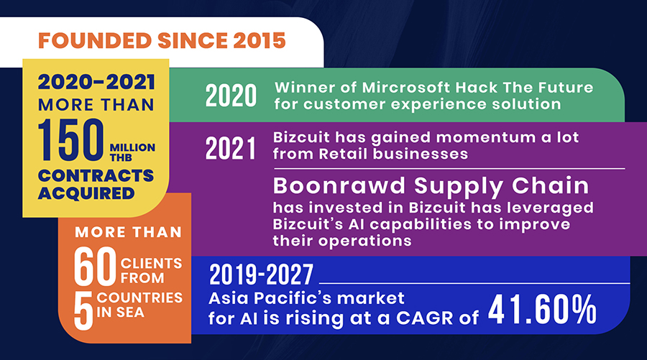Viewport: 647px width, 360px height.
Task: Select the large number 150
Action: click(x=71, y=140)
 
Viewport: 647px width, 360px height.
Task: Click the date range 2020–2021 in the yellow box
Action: click(x=96, y=82)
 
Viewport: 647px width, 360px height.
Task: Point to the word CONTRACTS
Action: click(x=96, y=175)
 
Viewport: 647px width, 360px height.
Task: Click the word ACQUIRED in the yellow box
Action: click(x=86, y=193)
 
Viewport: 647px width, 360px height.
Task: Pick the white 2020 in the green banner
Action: click(x=231, y=96)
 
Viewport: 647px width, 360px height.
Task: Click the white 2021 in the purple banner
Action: click(x=230, y=149)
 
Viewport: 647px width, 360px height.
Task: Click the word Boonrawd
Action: click(x=339, y=185)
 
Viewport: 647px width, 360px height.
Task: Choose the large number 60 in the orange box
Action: click(x=95, y=267)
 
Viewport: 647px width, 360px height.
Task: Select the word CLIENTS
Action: click(x=151, y=263)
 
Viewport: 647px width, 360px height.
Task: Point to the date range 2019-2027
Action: click(x=261, y=274)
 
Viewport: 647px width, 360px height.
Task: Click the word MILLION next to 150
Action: click(x=132, y=147)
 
